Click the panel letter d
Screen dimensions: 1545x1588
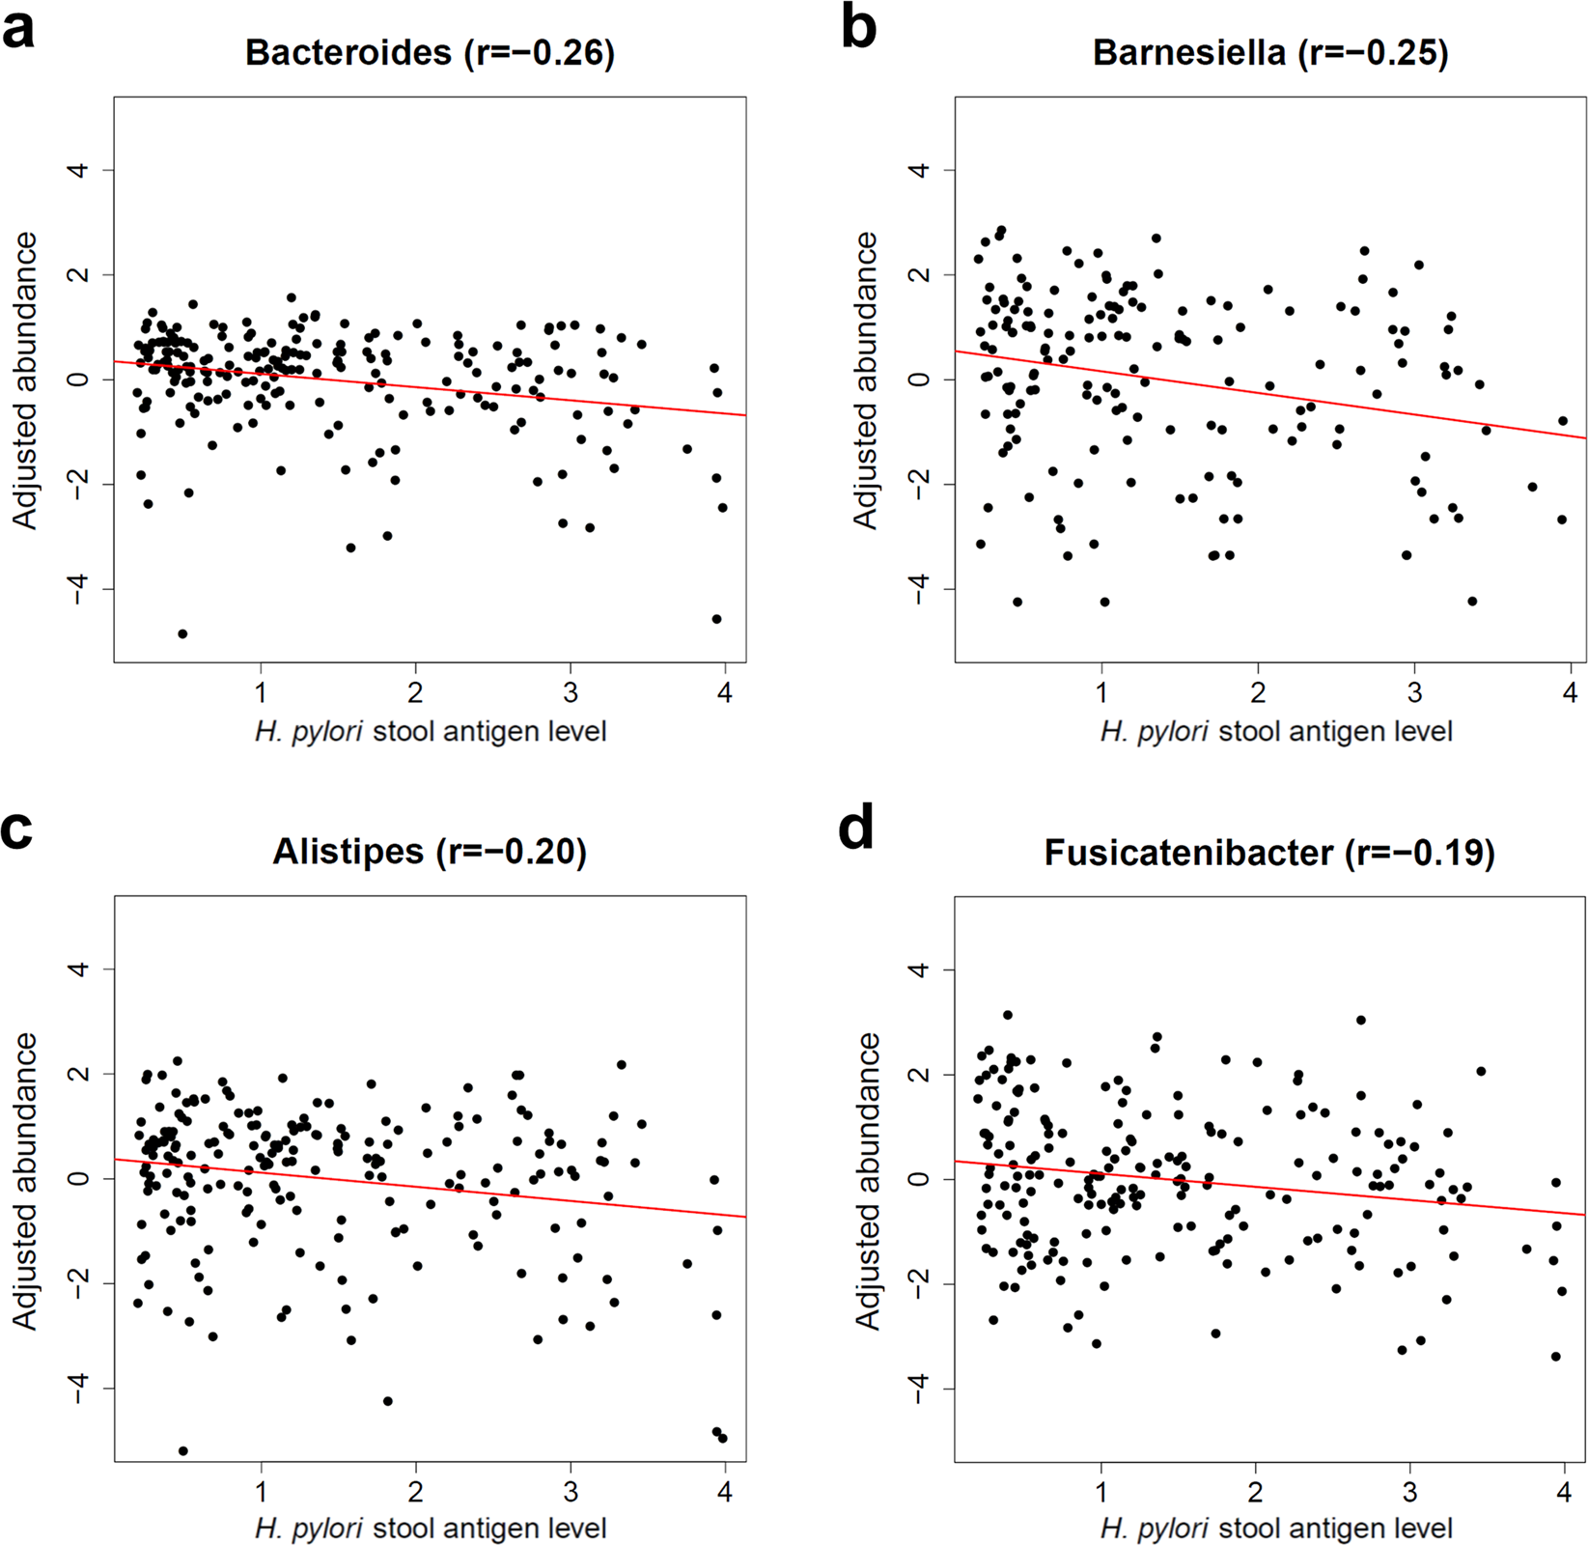[857, 828]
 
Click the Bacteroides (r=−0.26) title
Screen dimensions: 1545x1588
[430, 52]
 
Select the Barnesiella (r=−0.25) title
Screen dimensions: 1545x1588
[1270, 52]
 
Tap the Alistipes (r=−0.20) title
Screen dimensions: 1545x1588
[430, 852]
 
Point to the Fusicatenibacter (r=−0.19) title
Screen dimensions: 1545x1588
[1269, 852]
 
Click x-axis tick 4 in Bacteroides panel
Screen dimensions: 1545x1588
[725, 692]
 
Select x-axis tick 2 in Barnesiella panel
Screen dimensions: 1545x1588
[1258, 692]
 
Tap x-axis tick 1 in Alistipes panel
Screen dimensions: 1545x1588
[261, 1491]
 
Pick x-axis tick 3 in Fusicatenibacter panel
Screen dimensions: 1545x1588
[1410, 1491]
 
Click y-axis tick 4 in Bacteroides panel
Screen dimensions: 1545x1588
[79, 170]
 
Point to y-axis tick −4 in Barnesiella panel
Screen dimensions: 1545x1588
[919, 588]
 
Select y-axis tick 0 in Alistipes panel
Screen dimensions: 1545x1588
[79, 1178]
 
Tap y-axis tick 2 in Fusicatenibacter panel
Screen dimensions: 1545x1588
[919, 1074]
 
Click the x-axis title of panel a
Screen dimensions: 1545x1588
[431, 732]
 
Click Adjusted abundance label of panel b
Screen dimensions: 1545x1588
[866, 379]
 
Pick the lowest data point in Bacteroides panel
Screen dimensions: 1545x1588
[182, 633]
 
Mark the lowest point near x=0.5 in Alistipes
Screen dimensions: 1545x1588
[183, 1450]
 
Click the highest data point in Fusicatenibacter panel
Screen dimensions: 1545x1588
[1008, 1015]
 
